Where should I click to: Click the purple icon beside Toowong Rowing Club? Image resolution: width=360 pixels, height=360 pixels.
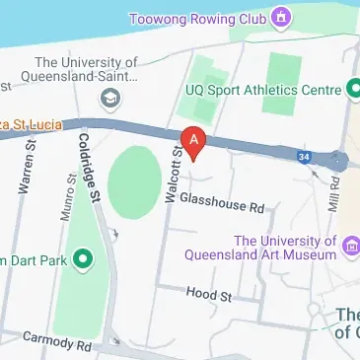point(283,17)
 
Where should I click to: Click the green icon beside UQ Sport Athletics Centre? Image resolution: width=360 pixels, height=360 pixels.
point(352,90)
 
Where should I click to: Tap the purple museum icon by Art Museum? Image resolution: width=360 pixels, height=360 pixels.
point(350,246)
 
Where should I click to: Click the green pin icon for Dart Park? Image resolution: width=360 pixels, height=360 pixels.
point(83,259)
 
